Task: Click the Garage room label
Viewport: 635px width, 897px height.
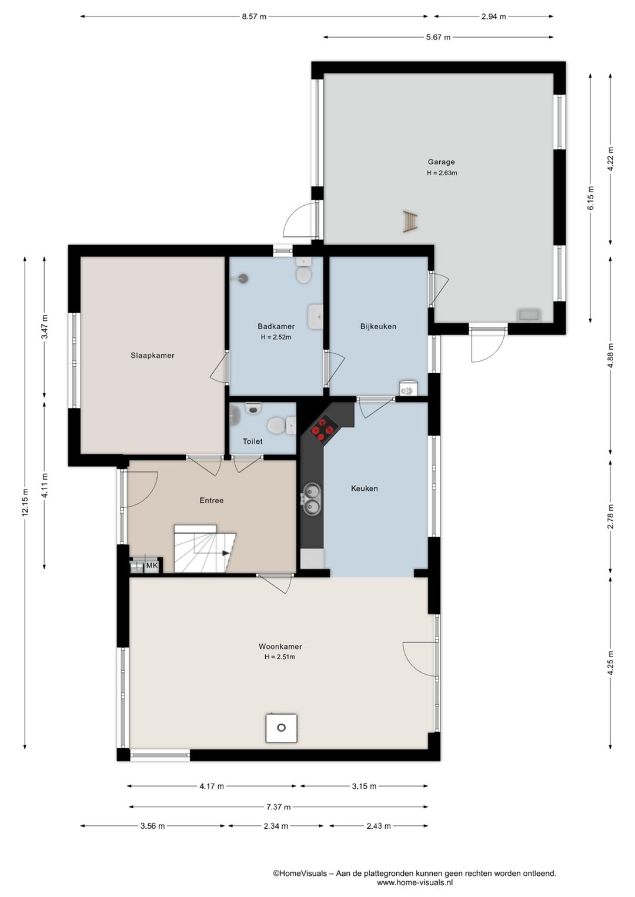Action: click(x=441, y=162)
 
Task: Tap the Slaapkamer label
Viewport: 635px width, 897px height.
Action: click(x=153, y=356)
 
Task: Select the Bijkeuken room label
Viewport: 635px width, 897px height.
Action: click(x=378, y=326)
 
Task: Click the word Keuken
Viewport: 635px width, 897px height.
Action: click(x=364, y=488)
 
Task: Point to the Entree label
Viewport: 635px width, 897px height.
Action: click(x=212, y=501)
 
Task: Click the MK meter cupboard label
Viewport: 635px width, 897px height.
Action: click(x=152, y=565)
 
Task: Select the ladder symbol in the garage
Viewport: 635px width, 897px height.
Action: click(x=410, y=222)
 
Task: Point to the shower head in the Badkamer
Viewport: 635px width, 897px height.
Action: click(x=242, y=278)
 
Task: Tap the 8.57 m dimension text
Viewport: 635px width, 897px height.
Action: click(x=254, y=17)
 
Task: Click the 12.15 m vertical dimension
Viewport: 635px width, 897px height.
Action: click(x=25, y=502)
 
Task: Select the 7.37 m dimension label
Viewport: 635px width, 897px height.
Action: click(x=279, y=807)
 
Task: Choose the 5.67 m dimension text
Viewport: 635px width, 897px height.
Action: click(x=438, y=37)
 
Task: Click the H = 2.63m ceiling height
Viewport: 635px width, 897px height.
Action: click(x=442, y=173)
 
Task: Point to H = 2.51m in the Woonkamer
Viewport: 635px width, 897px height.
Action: click(x=280, y=657)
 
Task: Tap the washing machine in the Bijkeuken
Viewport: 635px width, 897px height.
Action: click(x=408, y=388)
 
